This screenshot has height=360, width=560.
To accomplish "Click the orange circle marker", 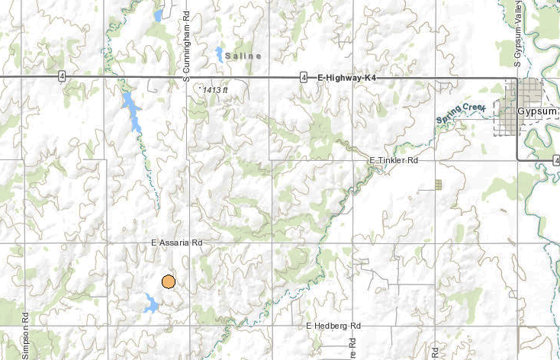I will pos(169,281).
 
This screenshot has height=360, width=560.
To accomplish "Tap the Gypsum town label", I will pos(538,111).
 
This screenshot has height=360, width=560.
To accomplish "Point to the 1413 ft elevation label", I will pos(215,90).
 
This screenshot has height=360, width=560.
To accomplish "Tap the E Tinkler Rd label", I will pos(394,161).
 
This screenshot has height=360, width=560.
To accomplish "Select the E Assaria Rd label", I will pos(176,243).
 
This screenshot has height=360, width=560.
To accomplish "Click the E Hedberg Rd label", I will pos(333,326).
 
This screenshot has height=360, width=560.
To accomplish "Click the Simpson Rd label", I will pos(26,336).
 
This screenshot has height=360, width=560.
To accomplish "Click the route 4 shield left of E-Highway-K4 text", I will pos(304,77).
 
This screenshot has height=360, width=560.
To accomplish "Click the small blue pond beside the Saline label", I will pos(219,54).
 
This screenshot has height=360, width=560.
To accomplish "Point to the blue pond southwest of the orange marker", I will pos(151,304).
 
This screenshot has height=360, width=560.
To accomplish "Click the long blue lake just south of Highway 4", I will pos(132,111).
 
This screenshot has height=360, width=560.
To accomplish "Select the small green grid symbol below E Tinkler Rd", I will pos(438,184).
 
